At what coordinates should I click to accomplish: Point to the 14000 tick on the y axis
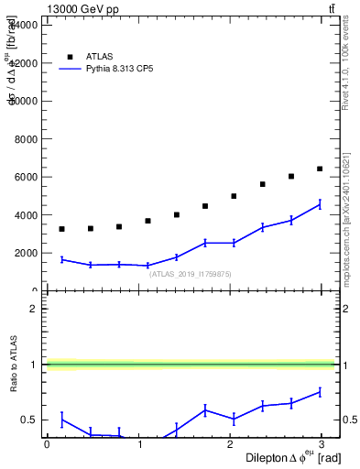26,25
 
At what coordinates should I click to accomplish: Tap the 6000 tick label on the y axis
28,177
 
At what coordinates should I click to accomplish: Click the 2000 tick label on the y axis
28,253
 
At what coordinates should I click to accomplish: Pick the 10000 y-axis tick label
26,101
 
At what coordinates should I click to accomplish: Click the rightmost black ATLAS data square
320,169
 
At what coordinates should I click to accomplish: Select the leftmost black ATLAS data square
61,229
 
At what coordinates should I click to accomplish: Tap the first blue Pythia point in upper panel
61,259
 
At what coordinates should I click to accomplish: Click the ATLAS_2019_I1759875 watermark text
191,274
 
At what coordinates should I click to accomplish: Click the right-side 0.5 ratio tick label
348,420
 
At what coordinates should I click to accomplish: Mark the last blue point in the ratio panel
320,392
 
